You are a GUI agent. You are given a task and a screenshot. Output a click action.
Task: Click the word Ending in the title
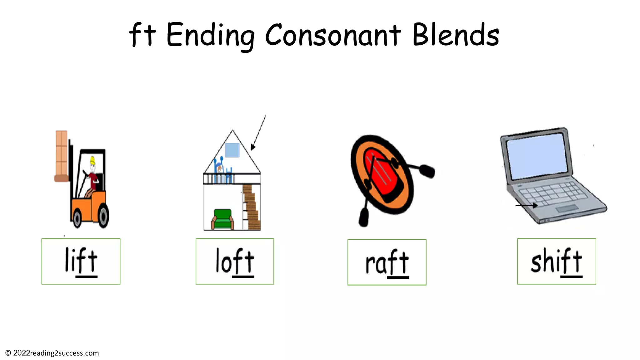[210, 35]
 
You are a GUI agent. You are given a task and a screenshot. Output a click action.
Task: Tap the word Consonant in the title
[333, 35]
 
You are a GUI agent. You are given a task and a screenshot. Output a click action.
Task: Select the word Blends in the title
[456, 35]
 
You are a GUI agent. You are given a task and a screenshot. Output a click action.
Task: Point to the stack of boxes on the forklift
[62, 155]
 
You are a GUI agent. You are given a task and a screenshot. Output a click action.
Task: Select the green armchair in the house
[222, 219]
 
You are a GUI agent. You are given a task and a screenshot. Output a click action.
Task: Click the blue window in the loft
[232, 150]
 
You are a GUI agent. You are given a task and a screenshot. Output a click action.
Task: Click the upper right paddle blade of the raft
[427, 171]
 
